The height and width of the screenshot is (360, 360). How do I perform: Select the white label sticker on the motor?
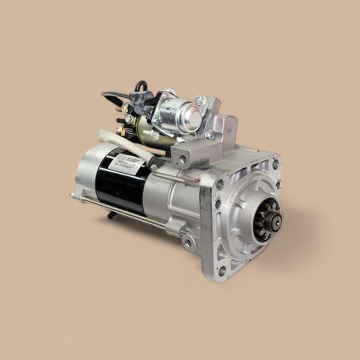125,164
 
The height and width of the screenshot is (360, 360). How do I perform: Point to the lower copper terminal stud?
121,131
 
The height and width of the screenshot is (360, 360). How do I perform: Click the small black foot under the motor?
110,215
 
